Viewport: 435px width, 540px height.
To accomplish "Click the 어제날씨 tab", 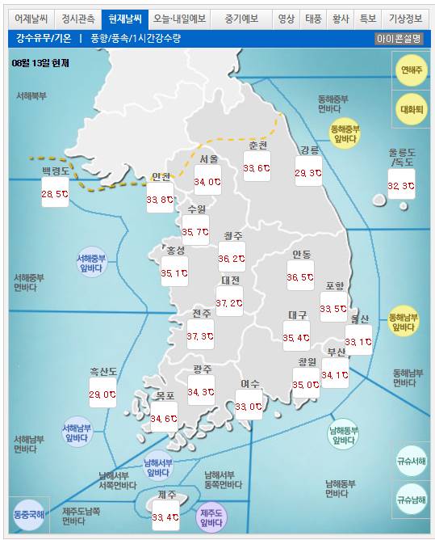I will (x=31, y=18).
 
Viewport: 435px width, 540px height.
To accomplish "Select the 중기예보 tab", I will (x=241, y=18).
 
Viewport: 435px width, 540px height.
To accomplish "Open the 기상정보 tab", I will (x=405, y=18).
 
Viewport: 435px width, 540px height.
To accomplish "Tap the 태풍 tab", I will (x=312, y=18).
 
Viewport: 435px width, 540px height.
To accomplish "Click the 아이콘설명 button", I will (x=399, y=38).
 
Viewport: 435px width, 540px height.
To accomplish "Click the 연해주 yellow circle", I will (x=412, y=70).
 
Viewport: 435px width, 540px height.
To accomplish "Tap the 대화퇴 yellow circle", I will (x=412, y=109).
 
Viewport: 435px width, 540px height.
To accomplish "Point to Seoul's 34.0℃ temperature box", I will (x=207, y=182).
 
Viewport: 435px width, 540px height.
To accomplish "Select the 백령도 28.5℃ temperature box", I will (x=55, y=193).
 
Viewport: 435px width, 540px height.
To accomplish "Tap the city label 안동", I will (x=302, y=255).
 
